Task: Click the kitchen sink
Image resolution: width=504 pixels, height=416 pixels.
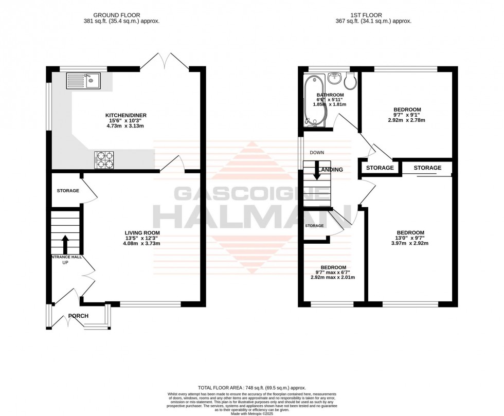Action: pos(82,81)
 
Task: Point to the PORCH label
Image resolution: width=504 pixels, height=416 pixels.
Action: pos(78,316)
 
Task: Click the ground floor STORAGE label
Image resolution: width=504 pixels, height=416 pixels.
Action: pos(68,191)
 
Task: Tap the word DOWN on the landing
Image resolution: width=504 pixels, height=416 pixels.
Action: pos(317,153)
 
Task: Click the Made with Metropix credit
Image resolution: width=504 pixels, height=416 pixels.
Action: pos(251,412)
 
